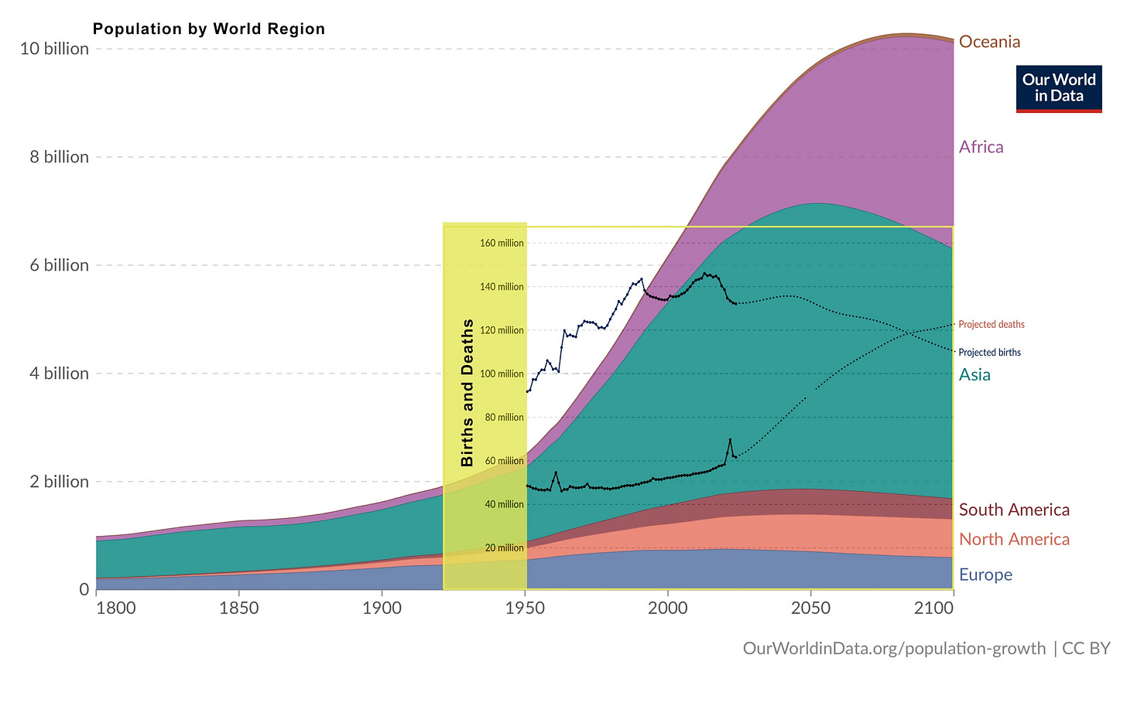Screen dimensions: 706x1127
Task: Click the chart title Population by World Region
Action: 209,29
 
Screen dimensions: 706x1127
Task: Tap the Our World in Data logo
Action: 1058,88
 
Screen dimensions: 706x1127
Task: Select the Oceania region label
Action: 989,42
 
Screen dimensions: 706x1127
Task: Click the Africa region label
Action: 981,147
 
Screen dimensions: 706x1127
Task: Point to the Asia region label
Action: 975,375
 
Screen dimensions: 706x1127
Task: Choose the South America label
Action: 1014,510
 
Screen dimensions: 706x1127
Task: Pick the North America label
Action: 1014,540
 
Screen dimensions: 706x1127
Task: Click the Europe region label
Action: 985,575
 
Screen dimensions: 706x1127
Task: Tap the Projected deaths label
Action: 992,325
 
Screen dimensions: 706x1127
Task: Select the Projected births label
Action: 989,353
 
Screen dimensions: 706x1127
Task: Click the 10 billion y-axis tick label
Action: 54,49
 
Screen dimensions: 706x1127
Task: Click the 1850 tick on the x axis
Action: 238,609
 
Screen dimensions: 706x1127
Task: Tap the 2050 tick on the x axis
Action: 810,609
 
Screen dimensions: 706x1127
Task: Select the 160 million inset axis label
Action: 502,244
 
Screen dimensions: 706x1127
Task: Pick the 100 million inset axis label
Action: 502,374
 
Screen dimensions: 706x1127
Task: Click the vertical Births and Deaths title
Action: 468,393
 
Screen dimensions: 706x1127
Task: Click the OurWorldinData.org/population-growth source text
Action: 894,648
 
